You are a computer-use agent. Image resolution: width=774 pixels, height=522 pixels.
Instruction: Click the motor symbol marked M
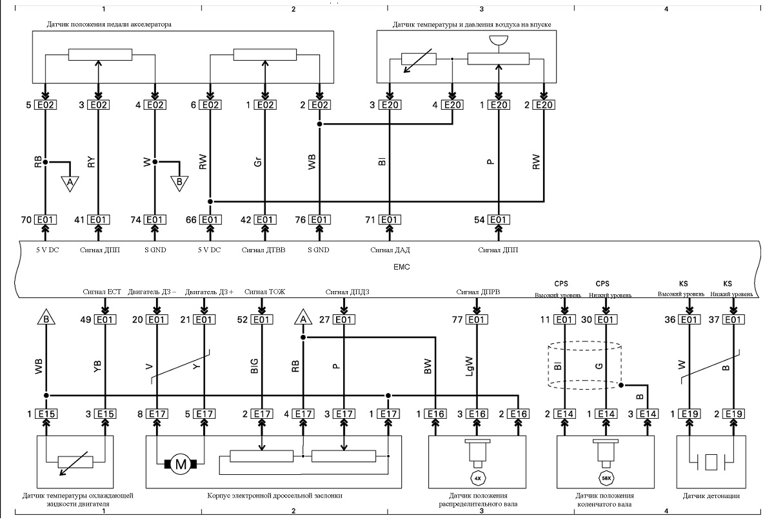181,465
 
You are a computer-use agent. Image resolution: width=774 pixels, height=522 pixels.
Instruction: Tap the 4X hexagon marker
477,478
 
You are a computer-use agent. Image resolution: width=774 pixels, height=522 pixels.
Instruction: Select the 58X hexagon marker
606,478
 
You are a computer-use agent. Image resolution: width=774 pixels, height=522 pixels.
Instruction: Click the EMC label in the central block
401,267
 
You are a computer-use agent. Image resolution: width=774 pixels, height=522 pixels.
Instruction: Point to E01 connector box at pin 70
45,220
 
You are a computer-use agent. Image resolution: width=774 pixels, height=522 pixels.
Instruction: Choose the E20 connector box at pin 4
452,105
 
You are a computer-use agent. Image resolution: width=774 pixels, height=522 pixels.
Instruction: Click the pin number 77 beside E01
457,319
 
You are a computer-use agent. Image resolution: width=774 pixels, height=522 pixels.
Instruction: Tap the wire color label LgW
470,366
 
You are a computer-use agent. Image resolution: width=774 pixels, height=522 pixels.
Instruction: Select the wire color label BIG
254,366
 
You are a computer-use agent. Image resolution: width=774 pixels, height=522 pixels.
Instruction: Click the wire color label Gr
258,162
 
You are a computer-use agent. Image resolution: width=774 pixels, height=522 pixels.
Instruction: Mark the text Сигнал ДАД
390,250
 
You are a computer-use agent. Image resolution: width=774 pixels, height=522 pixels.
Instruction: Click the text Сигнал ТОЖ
264,292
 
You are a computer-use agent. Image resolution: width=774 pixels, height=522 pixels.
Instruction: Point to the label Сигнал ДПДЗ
347,292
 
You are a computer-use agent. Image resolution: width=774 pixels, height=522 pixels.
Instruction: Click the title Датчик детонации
711,496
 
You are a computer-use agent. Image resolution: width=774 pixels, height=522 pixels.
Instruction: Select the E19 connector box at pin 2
733,414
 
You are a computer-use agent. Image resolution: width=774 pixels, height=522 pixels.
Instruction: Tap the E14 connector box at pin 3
648,414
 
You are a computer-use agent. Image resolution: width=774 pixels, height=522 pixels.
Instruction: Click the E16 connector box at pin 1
435,414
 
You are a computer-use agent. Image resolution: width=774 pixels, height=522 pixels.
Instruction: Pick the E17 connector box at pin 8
157,414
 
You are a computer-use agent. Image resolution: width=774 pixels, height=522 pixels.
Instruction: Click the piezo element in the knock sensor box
711,462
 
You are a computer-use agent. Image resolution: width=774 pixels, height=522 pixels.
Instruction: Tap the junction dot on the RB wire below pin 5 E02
45,162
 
